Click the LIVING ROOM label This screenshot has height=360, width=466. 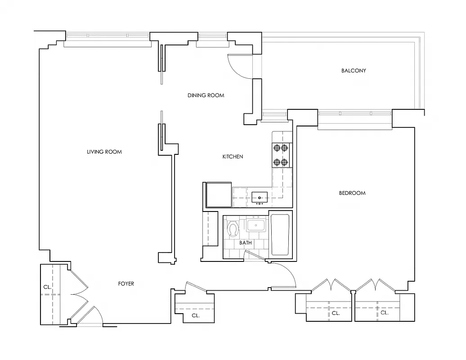pos(104,152)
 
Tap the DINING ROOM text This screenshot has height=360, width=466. pos(206,95)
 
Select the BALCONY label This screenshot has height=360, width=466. pos(354,71)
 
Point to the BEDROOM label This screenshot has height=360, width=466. pos(352,193)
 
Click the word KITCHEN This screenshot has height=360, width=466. pos(233,157)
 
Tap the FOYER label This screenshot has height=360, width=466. pos(126,284)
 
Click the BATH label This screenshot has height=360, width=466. pos(246,243)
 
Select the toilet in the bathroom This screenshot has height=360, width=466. pos(233,228)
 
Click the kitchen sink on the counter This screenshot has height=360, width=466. pos(260,197)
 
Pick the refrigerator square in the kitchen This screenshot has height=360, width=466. pos(219,194)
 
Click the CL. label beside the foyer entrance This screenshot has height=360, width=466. pos(47,287)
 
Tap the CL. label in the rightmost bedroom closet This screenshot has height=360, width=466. pos(385,313)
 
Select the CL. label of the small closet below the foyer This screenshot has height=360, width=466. pos(196,316)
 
